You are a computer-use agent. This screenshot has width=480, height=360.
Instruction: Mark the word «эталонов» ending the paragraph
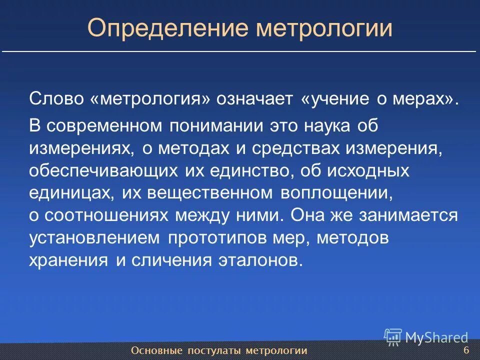point(260,260)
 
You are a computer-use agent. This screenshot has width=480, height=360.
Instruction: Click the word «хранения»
point(68,260)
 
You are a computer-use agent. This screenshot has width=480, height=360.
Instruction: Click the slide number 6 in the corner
point(466,349)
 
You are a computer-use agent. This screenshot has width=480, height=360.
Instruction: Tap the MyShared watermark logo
point(426,337)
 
